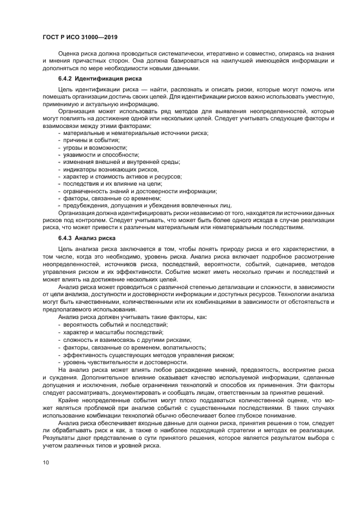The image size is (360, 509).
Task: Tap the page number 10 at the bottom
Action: pyautogui.click(x=46, y=462)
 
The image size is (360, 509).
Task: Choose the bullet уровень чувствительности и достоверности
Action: pyautogui.click(x=125, y=361)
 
